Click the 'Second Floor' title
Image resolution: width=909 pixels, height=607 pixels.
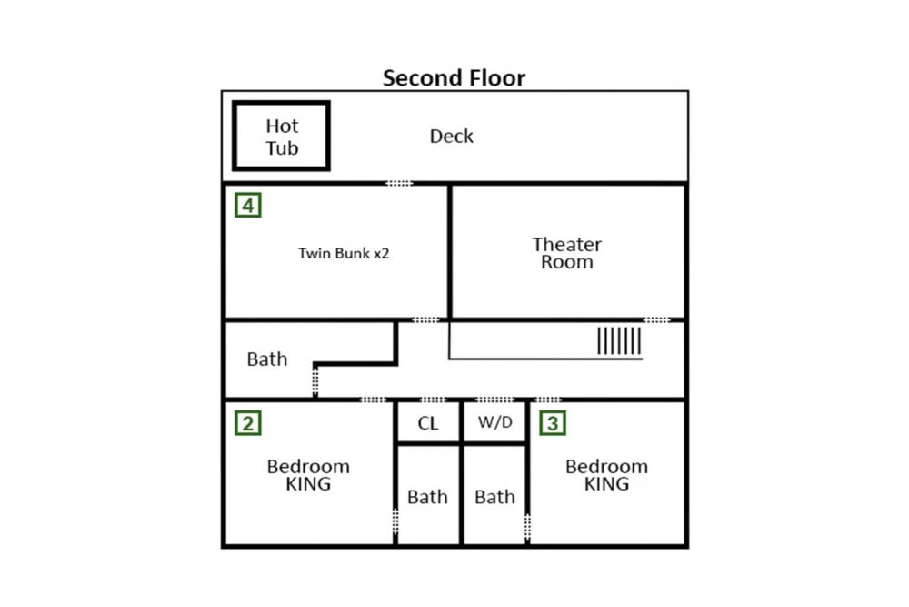point(454,77)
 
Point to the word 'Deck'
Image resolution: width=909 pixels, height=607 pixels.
point(451,137)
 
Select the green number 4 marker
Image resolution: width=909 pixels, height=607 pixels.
point(248,205)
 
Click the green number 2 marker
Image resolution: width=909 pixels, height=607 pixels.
point(248,423)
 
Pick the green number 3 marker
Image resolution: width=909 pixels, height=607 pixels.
point(553,423)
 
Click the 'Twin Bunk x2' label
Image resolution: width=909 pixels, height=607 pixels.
point(344,253)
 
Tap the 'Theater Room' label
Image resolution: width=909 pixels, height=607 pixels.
point(567,253)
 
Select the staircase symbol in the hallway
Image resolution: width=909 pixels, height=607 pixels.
point(619,340)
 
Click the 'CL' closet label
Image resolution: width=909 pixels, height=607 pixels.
point(428,423)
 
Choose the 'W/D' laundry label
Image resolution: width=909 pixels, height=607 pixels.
point(495,422)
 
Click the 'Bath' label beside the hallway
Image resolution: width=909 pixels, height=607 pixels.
point(266,359)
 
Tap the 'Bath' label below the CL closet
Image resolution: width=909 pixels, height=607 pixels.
point(427,497)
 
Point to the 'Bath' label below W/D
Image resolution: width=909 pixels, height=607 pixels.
point(494,497)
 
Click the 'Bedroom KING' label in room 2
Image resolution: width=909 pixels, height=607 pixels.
point(308,475)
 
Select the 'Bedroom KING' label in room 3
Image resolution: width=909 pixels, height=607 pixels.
point(606,475)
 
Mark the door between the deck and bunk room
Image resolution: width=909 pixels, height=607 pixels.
point(399,184)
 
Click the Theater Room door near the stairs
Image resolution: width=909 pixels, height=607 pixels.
point(656,319)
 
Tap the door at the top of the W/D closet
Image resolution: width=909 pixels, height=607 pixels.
point(494,400)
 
